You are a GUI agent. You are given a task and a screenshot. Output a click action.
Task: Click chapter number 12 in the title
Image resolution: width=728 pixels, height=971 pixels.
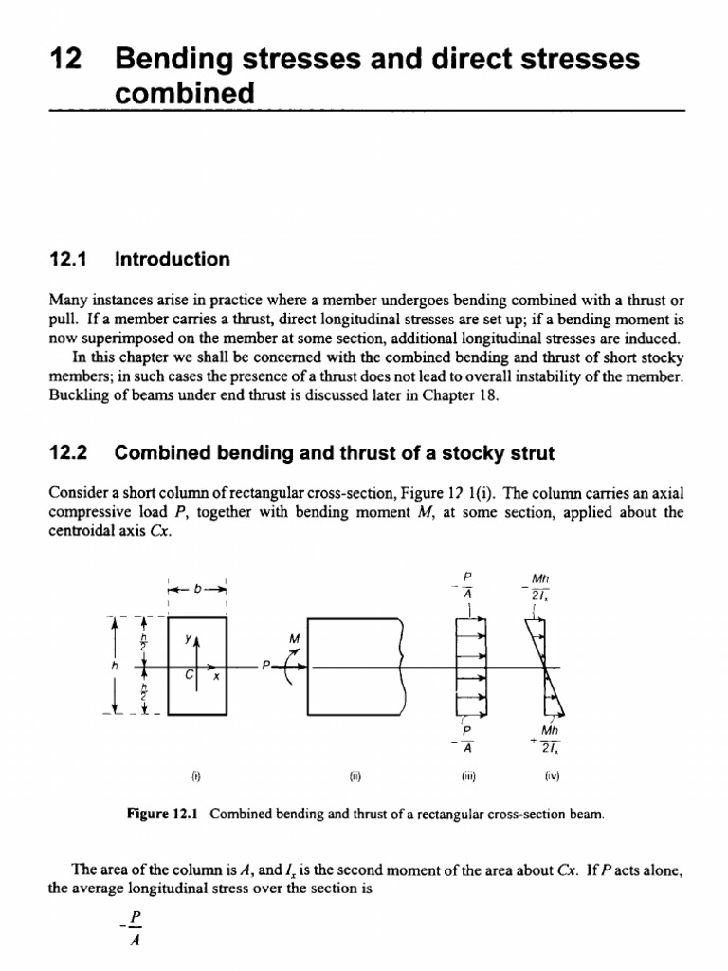coord(62,61)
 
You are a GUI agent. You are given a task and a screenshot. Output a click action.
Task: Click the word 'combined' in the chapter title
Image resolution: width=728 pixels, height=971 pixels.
coord(185,94)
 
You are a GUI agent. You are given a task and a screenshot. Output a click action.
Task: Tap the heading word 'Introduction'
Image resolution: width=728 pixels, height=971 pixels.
coord(172,260)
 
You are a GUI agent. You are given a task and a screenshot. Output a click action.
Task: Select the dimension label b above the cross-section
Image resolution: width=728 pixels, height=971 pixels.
coord(198,589)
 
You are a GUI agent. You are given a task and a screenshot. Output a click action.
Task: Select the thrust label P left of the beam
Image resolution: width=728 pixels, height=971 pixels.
coord(269,666)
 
